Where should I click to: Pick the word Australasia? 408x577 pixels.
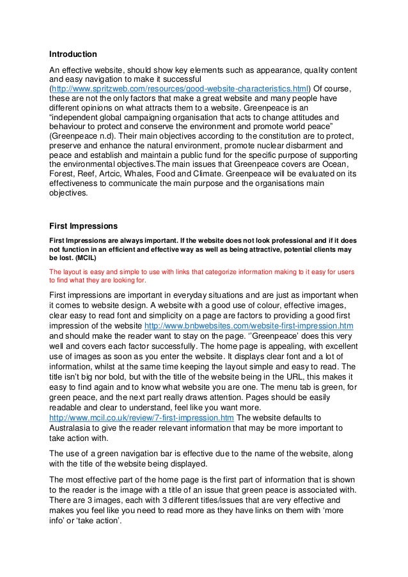73,428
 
